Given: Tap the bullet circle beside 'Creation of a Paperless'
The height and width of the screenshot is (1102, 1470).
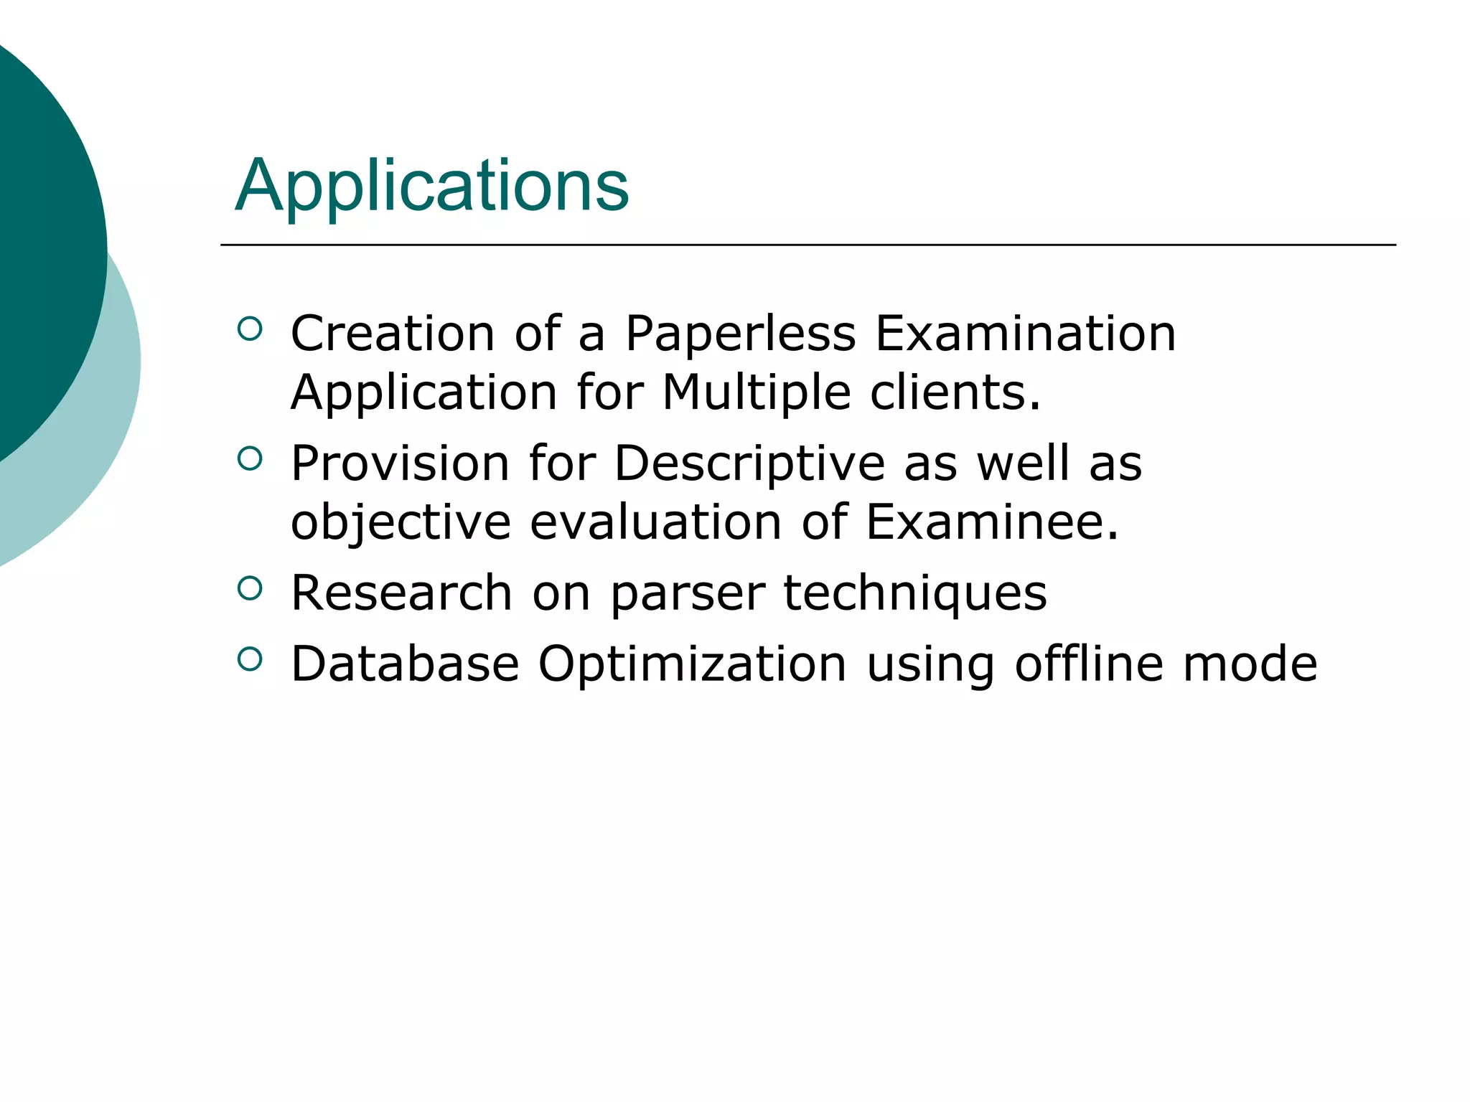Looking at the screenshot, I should coord(249,329).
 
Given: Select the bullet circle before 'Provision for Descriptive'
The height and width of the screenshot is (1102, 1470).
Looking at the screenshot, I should coord(249,459).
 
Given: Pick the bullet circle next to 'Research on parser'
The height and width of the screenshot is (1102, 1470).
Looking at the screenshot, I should coord(249,589).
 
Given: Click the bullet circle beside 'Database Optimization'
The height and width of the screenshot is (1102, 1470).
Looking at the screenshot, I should coord(249,659).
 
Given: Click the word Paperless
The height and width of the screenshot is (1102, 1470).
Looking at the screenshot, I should coord(740,334).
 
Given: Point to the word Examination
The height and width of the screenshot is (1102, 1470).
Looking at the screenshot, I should coord(1025,334).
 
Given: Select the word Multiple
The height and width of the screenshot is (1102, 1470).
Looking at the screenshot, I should coord(756,393).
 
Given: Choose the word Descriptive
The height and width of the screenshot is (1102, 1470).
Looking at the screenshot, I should coord(749,464).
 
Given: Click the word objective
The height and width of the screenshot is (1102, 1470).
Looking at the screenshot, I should coord(401,523).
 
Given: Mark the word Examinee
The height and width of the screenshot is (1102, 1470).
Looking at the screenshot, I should coord(991,523).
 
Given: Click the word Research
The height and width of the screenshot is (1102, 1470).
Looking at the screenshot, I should coord(401,593).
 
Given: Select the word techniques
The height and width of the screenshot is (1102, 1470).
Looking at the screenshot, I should coord(914,594).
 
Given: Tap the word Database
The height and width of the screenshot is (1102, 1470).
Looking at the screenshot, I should coord(405,664).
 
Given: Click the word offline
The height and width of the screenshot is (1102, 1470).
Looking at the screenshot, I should coord(1089,664).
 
